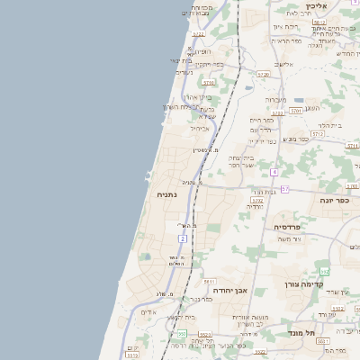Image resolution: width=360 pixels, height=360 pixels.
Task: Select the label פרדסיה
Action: tap(293, 227)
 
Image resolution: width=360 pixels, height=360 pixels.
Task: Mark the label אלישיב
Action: tap(284, 65)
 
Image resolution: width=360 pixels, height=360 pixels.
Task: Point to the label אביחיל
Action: tap(199, 129)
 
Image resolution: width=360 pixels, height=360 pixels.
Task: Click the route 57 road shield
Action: tap(284, 189)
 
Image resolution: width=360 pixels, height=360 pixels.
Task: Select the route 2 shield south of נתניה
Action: tap(183, 238)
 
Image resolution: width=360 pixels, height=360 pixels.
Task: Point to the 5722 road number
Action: tap(198, 34)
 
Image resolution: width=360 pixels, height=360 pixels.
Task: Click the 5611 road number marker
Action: tap(209, 282)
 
